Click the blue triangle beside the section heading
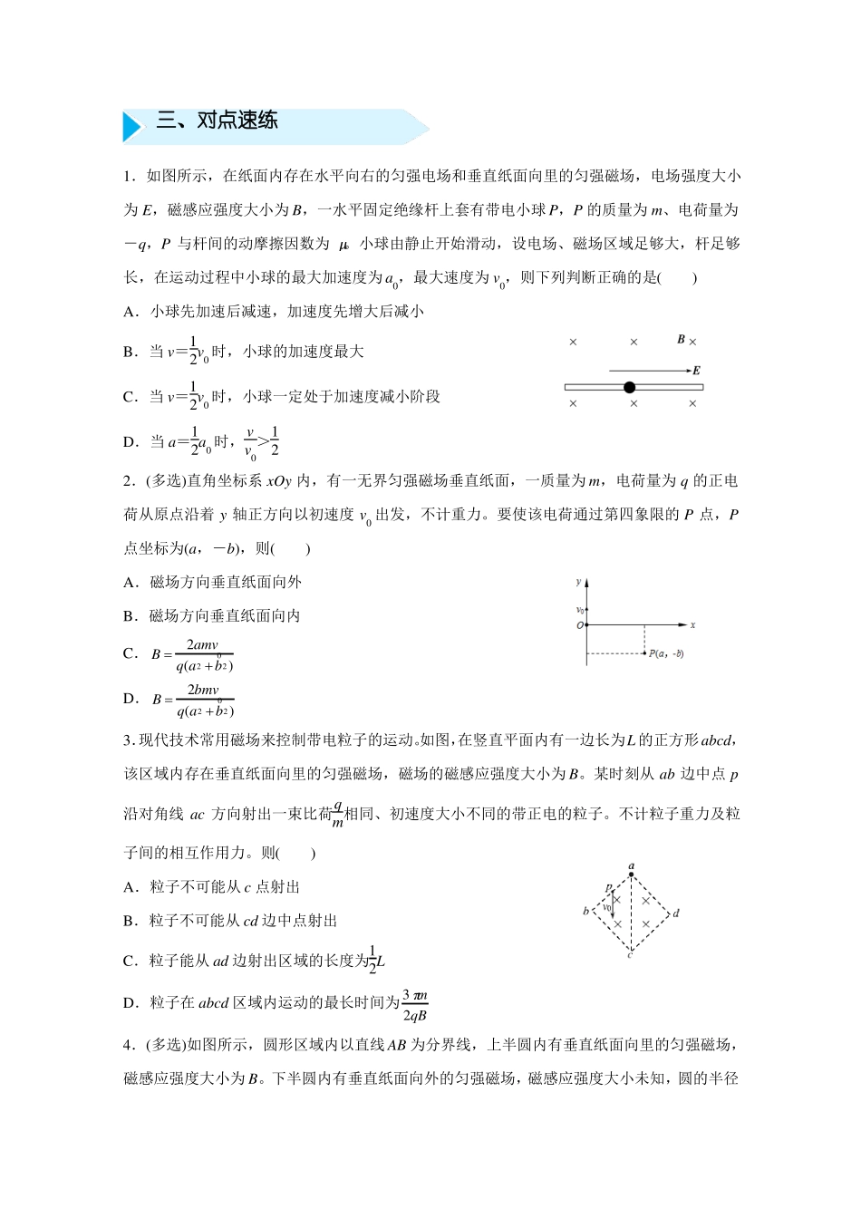(132, 126)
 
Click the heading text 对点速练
(237, 121)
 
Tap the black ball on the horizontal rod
(630, 387)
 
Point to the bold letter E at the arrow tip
(695, 370)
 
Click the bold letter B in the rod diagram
(681, 340)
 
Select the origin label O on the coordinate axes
(579, 625)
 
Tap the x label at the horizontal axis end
(692, 625)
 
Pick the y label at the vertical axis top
(578, 580)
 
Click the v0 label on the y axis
(580, 610)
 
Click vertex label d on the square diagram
(676, 913)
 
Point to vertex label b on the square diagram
(585, 911)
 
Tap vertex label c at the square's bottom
(630, 955)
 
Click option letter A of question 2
(129, 582)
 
